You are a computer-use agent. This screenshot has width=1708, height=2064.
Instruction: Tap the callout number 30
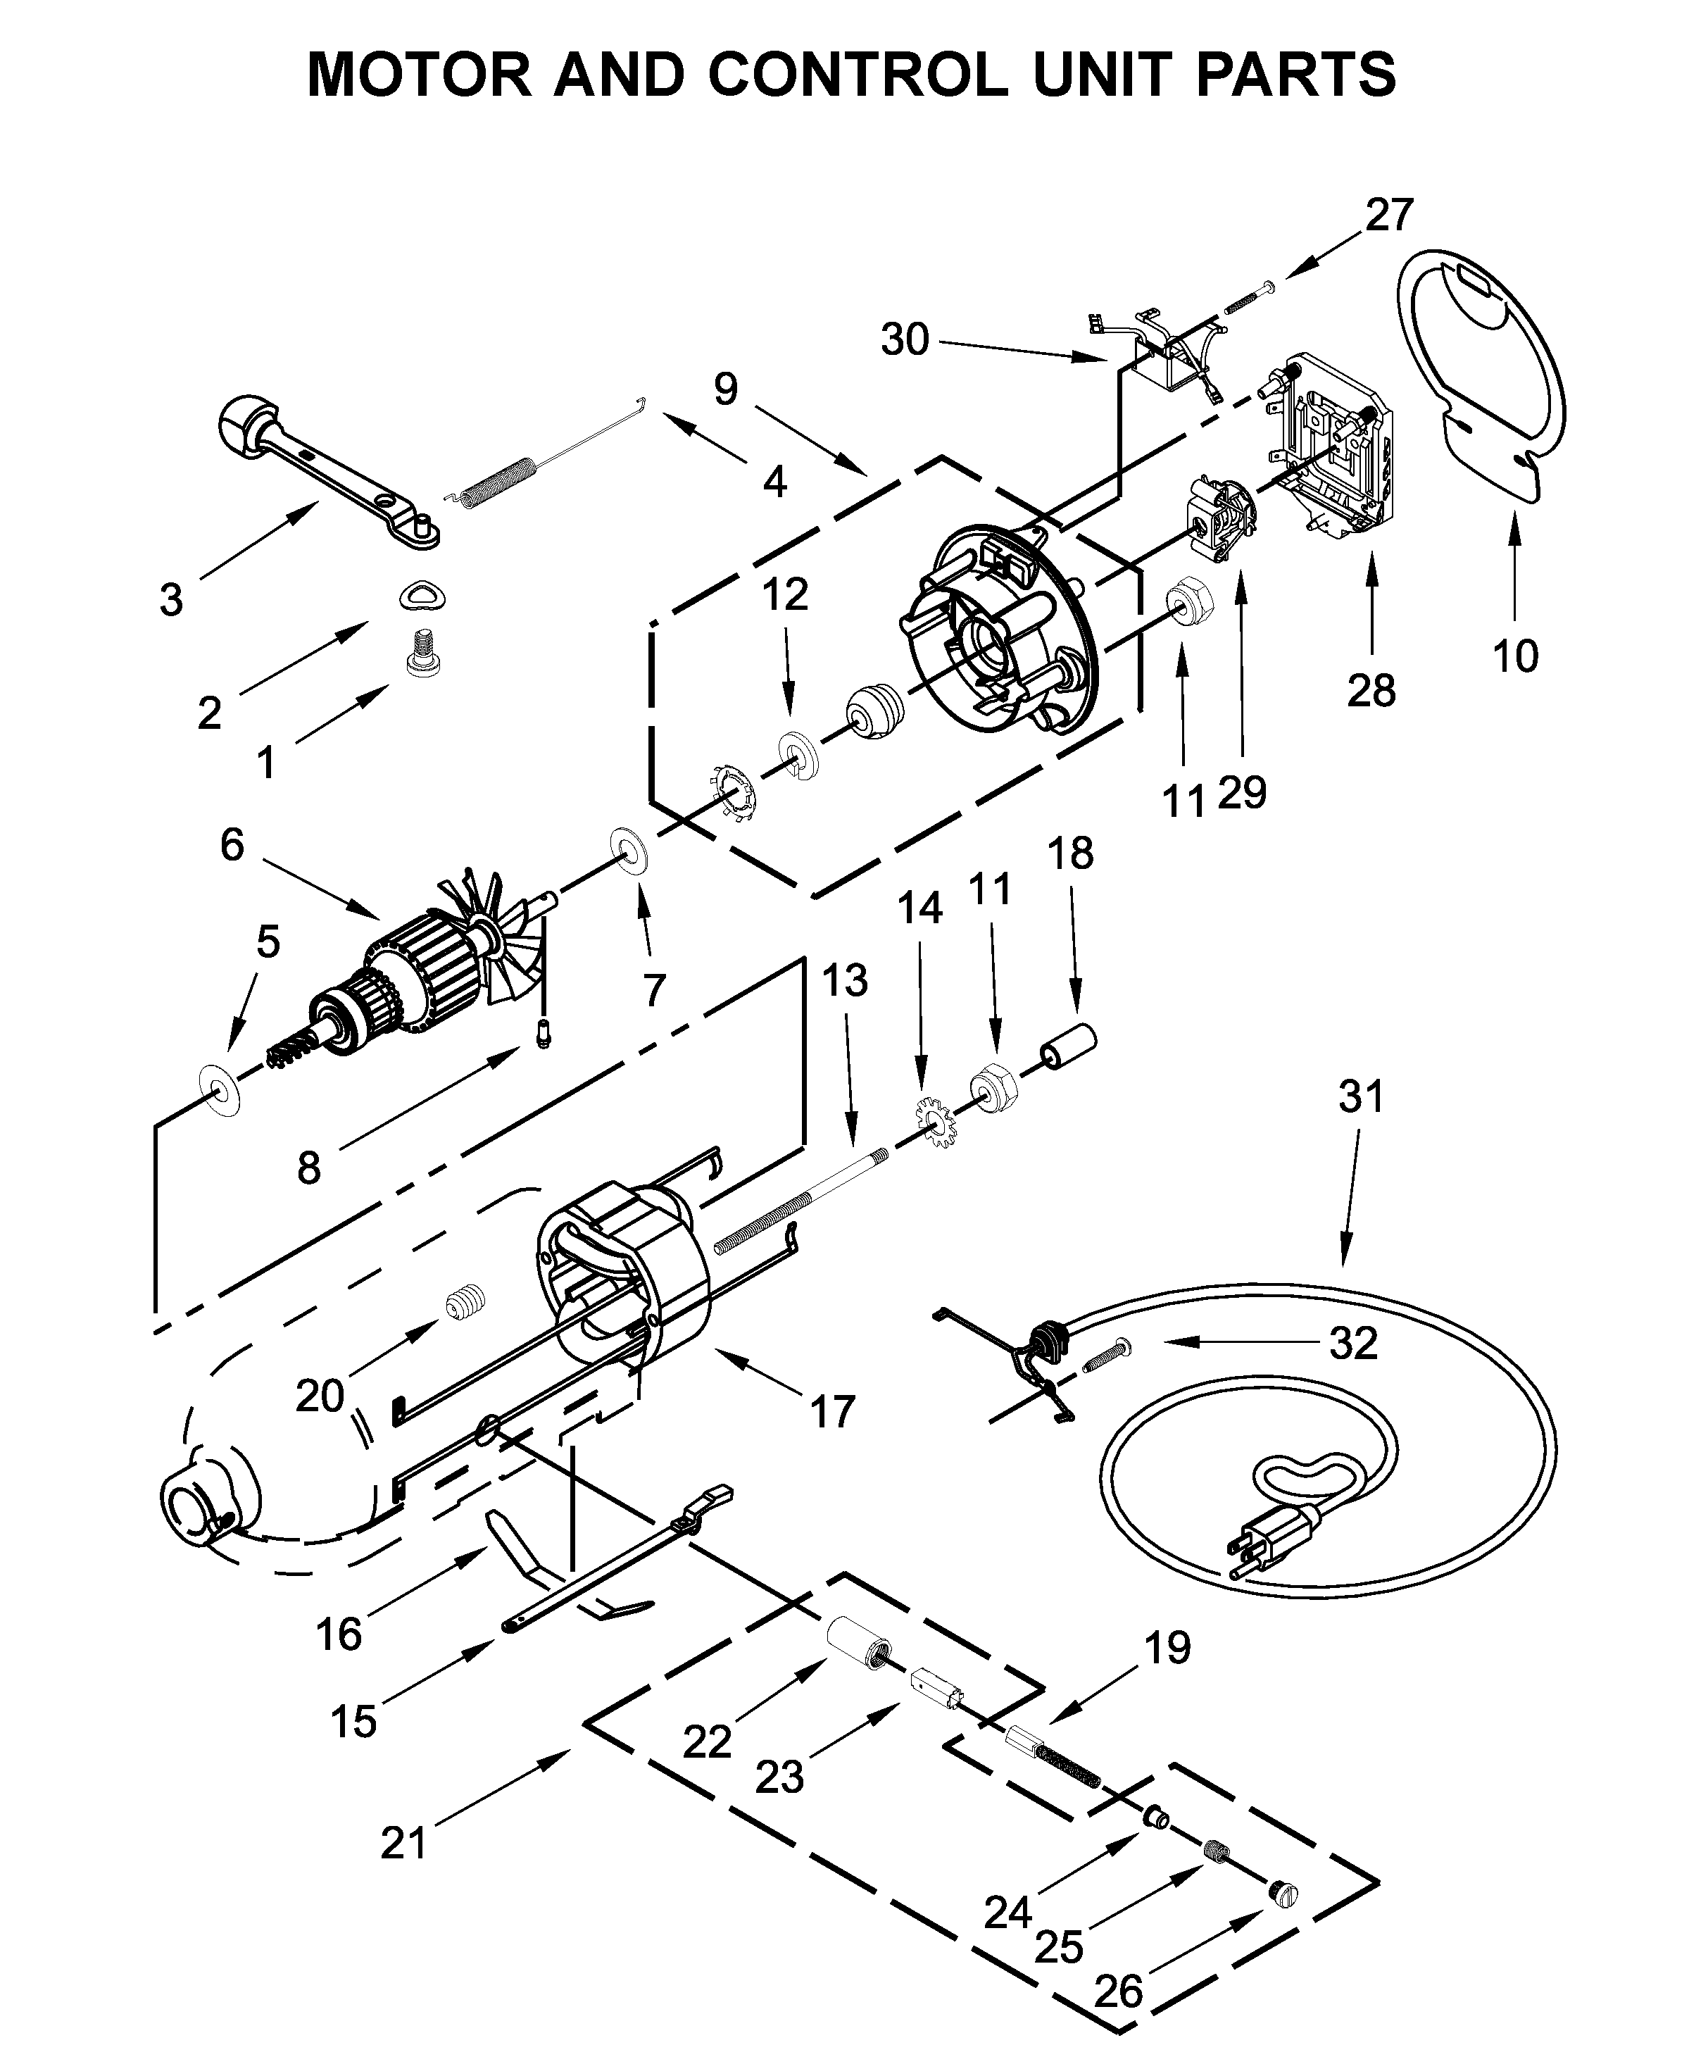904,340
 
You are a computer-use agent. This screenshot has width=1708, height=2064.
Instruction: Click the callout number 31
1361,1096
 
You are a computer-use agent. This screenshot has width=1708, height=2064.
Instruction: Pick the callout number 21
404,1842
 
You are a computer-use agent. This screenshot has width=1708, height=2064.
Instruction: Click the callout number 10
1514,656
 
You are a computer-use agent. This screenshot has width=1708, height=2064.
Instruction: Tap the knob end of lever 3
246,424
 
